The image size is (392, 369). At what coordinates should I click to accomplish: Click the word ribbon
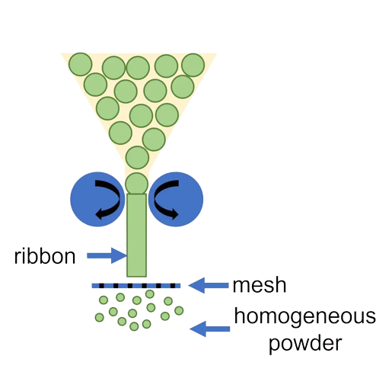[x=45, y=256]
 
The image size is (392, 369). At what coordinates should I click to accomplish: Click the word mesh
[x=260, y=285]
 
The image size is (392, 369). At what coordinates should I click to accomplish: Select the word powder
[x=305, y=344]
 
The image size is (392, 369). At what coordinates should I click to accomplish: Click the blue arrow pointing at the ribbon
[x=107, y=255]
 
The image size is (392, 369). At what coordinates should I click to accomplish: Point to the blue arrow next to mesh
[x=209, y=285]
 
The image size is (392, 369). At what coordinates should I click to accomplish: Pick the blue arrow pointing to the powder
[x=210, y=329]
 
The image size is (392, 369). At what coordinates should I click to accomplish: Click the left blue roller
[x=97, y=199]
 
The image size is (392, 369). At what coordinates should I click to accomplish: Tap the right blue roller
[x=176, y=199]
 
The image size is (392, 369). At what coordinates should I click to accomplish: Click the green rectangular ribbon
[x=136, y=236]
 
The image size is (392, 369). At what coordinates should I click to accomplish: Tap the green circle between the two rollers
[x=136, y=184]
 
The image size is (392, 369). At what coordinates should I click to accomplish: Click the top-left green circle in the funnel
[x=81, y=64]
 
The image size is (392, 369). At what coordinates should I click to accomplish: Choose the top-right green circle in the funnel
[x=193, y=65]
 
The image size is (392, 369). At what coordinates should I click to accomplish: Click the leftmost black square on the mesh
[x=101, y=286]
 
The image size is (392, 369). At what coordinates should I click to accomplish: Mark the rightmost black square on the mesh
[x=173, y=286]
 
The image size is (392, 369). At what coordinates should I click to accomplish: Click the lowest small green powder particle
[x=134, y=326]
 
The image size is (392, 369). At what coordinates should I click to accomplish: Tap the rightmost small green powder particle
[x=179, y=310]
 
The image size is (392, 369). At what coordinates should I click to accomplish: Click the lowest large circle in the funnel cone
[x=137, y=158]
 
